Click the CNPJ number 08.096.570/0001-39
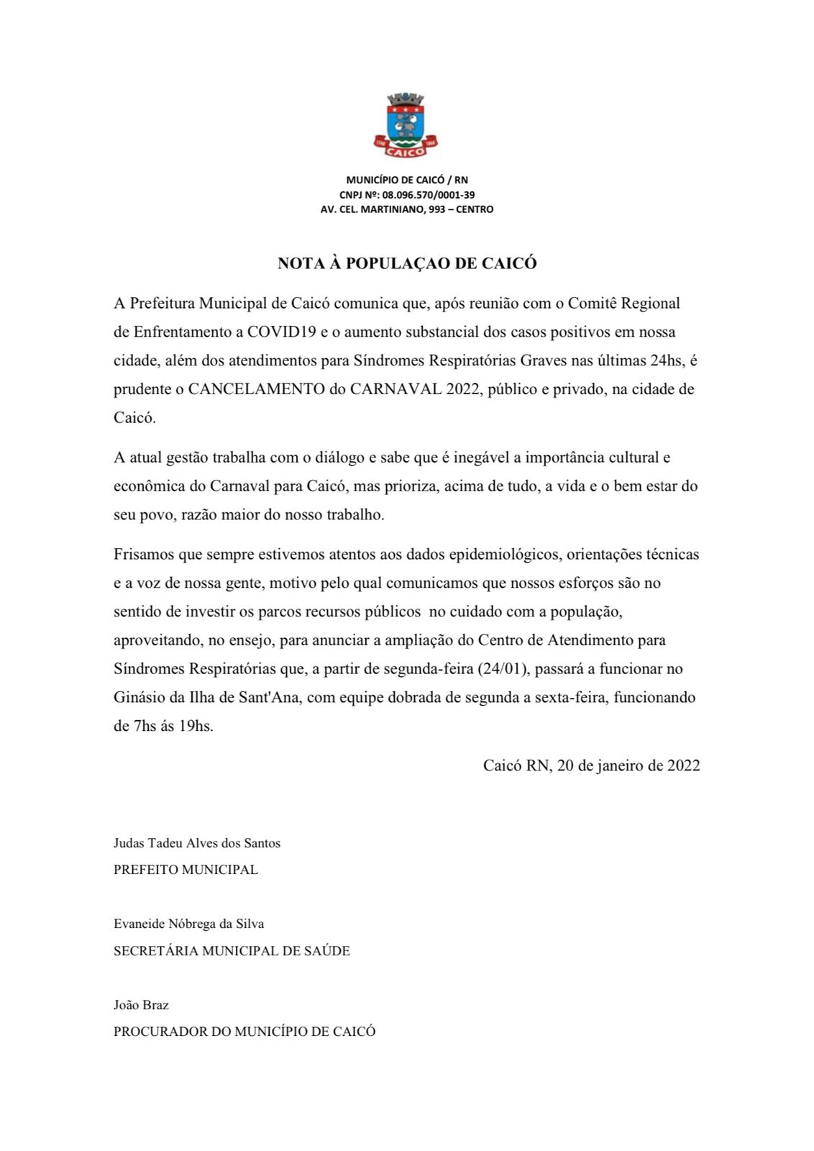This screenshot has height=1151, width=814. click(x=429, y=195)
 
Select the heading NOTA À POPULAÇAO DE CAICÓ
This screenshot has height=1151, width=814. click(x=407, y=263)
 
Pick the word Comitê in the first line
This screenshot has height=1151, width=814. click(x=593, y=304)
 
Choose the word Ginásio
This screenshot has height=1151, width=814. click(x=139, y=698)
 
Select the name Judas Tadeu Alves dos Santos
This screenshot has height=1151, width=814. click(x=197, y=843)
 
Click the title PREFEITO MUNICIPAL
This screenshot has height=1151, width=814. click(x=186, y=870)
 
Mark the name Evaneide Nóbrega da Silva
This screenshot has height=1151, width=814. click(x=188, y=924)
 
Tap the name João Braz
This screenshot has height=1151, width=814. click(x=141, y=1005)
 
